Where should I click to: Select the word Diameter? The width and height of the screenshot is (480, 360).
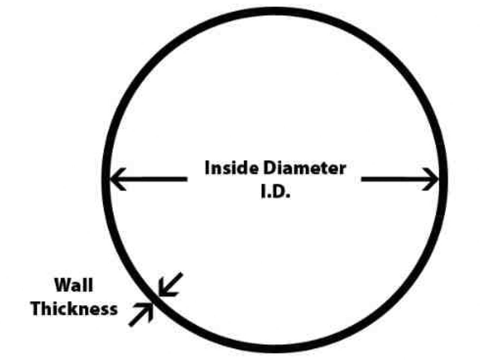click(x=305, y=168)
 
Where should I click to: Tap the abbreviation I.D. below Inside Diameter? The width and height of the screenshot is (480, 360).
click(x=275, y=191)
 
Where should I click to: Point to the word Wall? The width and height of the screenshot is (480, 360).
click(x=74, y=285)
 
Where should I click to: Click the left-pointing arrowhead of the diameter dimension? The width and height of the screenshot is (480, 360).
click(x=117, y=179)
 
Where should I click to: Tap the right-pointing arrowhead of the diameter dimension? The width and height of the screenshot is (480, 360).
click(x=430, y=179)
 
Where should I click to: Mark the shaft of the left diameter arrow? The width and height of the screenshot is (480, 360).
click(x=149, y=179)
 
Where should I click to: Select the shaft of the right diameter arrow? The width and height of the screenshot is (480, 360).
click(x=400, y=179)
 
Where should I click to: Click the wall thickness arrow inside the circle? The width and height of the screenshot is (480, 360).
click(x=170, y=285)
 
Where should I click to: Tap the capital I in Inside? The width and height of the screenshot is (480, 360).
click(x=207, y=168)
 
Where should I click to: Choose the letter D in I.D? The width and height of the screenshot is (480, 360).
click(x=280, y=191)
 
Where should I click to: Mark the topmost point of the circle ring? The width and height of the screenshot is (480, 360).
click(x=275, y=11)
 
